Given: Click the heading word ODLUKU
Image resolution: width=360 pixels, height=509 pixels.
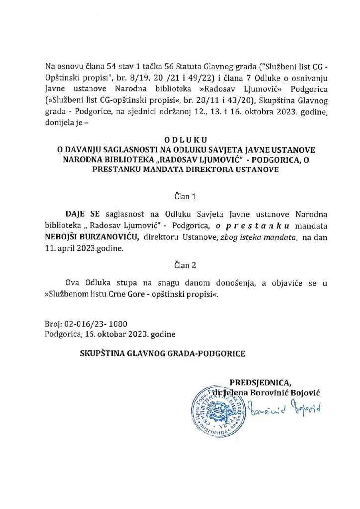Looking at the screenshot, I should click(x=180, y=141).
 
